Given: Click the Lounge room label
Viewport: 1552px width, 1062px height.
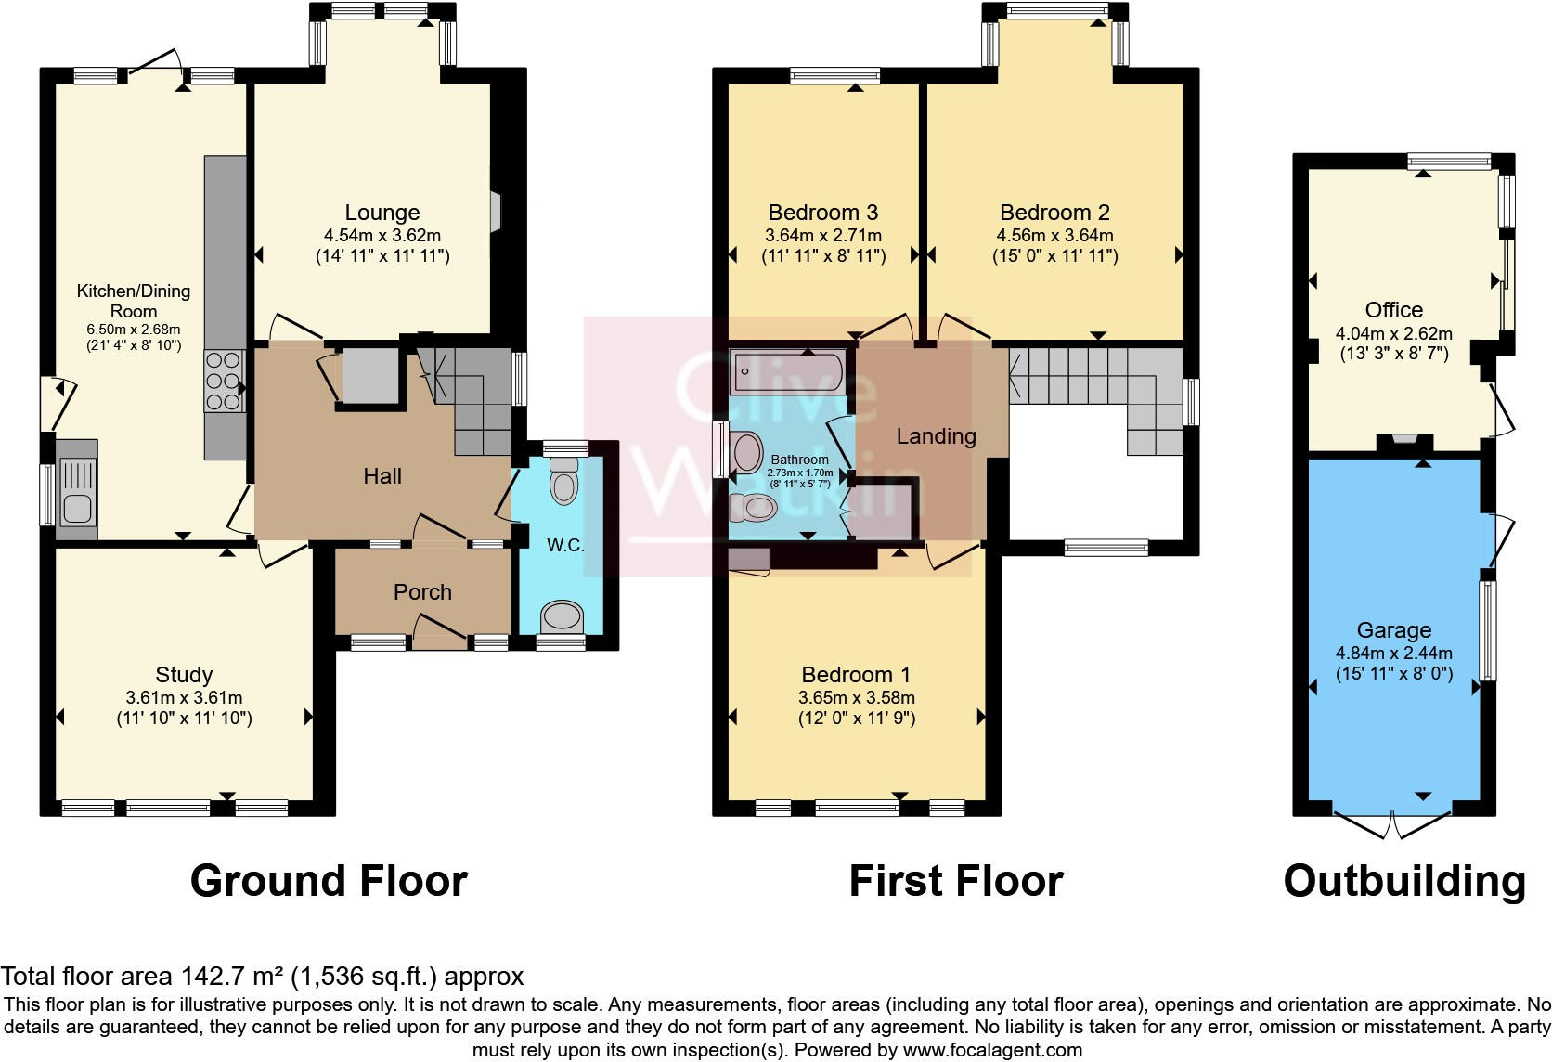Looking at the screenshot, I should tap(382, 213).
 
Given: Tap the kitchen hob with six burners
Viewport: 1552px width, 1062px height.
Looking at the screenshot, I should tap(223, 380).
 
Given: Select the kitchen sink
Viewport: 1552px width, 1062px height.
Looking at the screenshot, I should tap(77, 489).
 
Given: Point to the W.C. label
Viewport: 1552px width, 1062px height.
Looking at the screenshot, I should tap(565, 545).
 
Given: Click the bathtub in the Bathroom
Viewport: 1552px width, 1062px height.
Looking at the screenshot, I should tap(787, 372).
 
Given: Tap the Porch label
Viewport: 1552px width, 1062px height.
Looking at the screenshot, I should tap(422, 592).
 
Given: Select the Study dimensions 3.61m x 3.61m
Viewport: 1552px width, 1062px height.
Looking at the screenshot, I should tap(184, 697).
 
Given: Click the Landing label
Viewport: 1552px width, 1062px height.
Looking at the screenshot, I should tap(936, 436).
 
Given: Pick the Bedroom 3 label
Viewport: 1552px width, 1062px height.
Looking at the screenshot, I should tap(822, 213).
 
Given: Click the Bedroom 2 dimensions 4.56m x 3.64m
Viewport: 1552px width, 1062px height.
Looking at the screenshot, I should tap(1054, 235).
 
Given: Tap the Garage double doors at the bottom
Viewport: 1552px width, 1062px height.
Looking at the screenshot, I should tap(1393, 823).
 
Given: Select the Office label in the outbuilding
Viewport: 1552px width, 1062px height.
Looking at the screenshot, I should tap(1393, 310).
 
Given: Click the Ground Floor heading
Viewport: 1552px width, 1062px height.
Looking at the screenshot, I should tap(329, 881).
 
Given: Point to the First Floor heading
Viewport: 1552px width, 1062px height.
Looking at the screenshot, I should tap(955, 881).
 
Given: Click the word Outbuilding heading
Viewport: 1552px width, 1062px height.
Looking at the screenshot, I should tap(1403, 881).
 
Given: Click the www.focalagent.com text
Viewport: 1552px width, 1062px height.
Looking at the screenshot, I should tap(991, 1050).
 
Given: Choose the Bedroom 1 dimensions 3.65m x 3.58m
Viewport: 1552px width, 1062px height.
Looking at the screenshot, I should tap(856, 697).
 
